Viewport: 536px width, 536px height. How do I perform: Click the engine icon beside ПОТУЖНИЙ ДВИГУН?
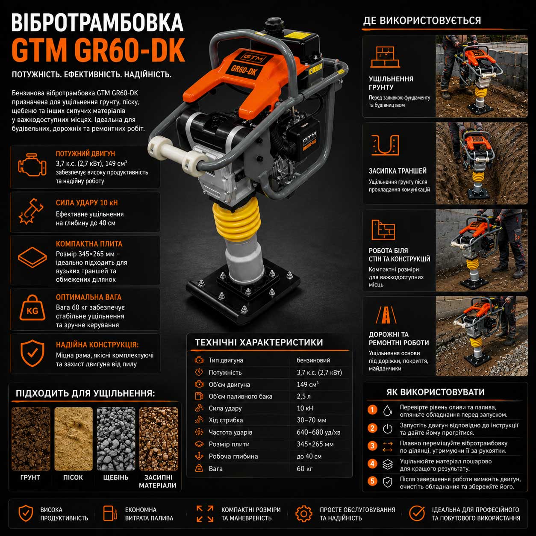point(32,164)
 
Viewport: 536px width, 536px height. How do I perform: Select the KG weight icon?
point(32,308)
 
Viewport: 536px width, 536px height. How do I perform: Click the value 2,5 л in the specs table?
point(303,396)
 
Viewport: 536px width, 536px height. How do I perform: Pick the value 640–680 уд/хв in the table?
point(318,432)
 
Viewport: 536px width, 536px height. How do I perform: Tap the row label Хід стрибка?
point(226,420)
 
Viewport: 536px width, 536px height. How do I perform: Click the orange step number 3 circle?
point(372,446)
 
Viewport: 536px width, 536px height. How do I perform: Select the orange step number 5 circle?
point(372,481)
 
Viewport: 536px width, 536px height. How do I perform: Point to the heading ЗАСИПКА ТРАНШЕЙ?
point(398,171)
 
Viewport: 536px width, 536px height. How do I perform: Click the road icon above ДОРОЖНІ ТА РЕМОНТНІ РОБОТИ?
point(386,315)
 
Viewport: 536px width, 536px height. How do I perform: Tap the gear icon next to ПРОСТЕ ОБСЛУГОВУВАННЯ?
point(304,514)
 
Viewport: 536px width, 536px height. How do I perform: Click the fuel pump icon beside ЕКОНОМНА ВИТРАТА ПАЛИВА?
point(110,513)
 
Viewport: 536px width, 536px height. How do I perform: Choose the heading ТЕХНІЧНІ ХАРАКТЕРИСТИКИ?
point(259,342)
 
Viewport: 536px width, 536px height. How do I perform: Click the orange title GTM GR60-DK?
point(98,50)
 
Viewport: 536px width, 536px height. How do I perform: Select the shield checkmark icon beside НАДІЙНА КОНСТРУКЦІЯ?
point(32,353)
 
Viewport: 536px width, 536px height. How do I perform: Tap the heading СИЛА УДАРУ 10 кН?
point(87,203)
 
